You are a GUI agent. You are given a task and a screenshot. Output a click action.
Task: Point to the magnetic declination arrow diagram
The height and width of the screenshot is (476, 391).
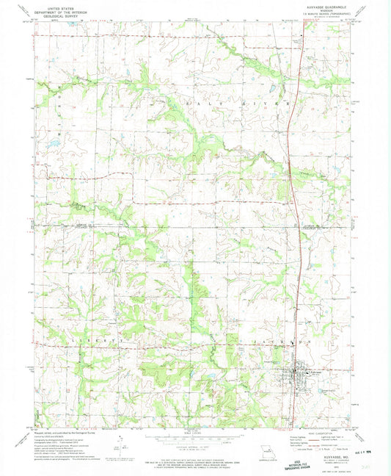pos(122,441)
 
